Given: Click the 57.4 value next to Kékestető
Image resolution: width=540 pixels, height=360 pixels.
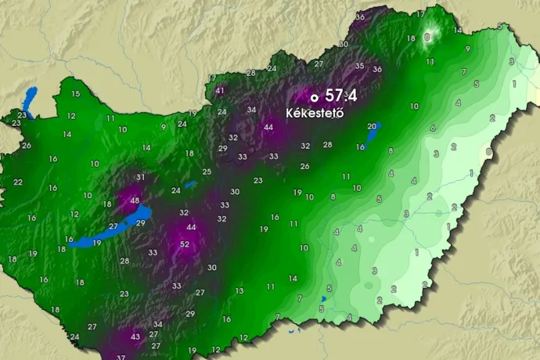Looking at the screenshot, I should click(341, 96).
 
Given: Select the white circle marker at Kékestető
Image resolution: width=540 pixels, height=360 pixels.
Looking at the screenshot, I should click(314, 98).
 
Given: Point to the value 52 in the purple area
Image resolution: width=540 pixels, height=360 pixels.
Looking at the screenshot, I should click(185, 244).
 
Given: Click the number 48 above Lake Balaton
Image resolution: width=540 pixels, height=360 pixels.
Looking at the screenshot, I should click(135, 201).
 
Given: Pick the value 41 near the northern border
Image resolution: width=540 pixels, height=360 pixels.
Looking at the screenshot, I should click(220, 91).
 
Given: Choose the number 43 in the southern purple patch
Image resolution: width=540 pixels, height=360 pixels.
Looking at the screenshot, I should click(135, 337).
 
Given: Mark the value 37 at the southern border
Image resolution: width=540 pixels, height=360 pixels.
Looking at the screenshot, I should click(121, 357).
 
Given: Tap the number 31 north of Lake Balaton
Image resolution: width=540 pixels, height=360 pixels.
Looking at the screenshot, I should click(141, 177).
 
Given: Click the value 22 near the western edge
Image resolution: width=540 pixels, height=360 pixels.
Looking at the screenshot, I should click(18, 182).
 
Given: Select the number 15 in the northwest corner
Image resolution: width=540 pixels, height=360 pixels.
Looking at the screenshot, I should click(75, 94).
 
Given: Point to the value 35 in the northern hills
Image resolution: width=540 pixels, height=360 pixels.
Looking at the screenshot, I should click(359, 66).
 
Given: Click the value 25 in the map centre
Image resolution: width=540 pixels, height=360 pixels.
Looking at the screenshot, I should click(207, 171).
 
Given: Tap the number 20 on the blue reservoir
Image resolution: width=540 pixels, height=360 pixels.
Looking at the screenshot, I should click(372, 126).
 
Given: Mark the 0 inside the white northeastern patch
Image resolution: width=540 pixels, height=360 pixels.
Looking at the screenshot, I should click(427, 36).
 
